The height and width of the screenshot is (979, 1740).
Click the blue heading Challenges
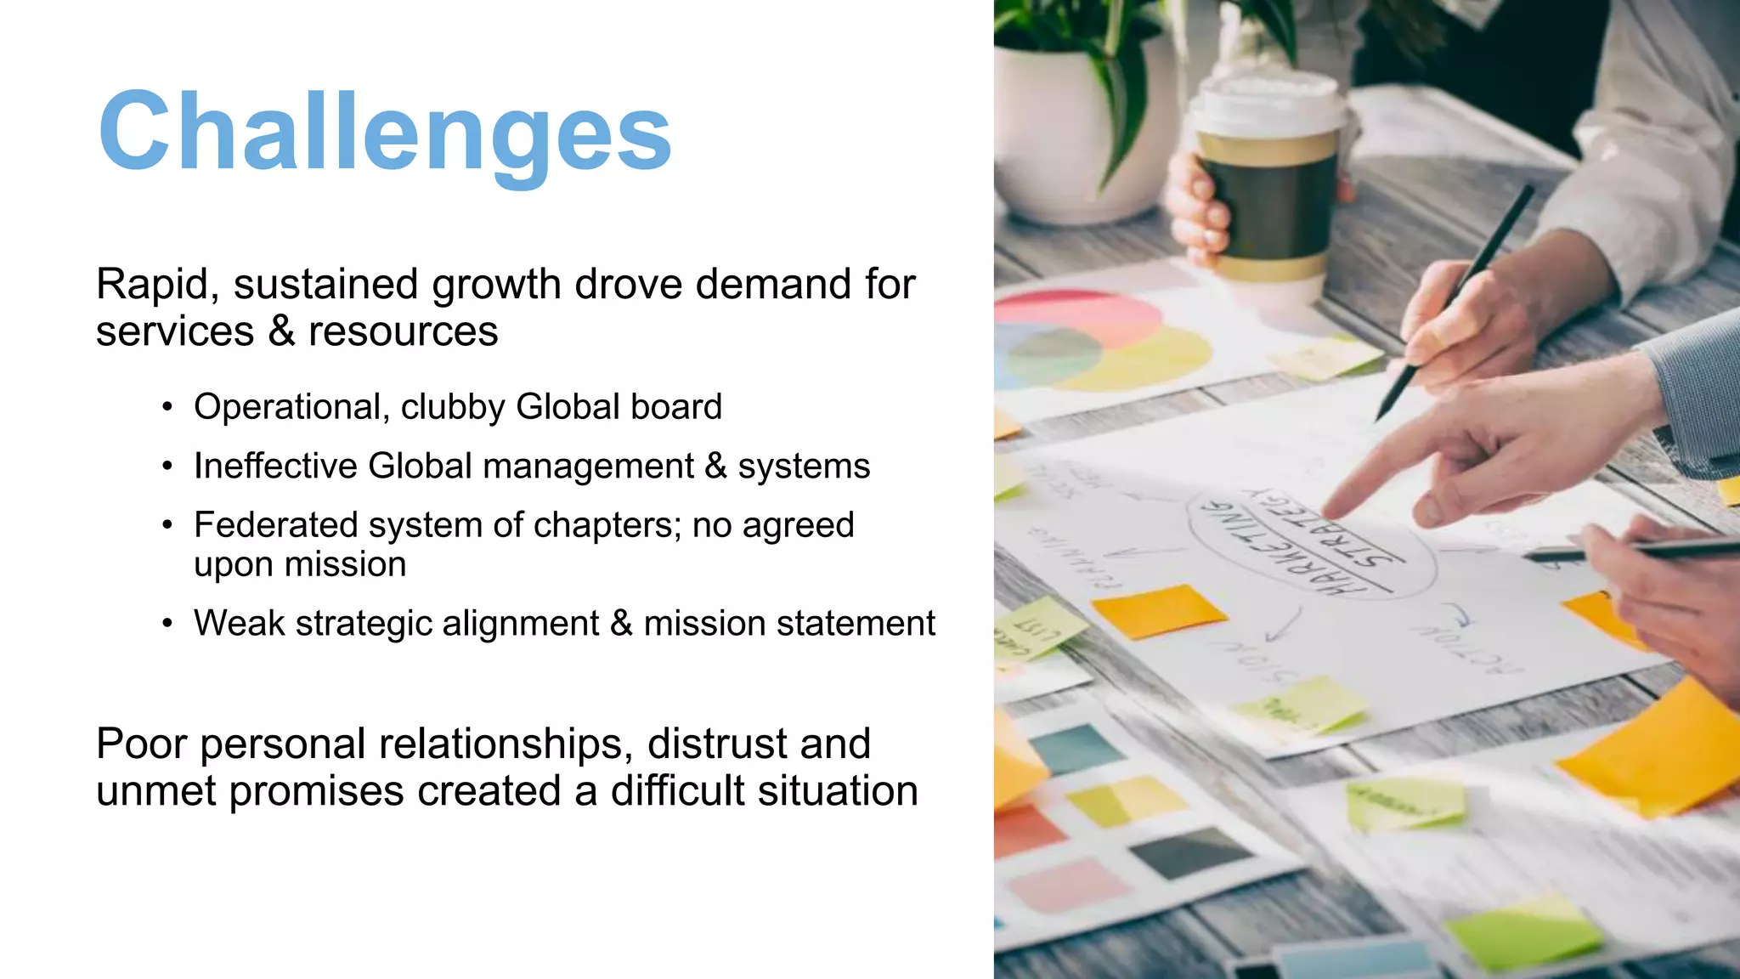pos(385,132)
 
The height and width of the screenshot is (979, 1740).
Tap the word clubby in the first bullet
pos(453,407)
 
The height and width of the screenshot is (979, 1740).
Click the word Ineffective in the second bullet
pos(275,467)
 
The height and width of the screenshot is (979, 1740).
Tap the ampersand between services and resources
pos(281,331)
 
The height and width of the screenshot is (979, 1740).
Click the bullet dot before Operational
pos(167,408)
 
